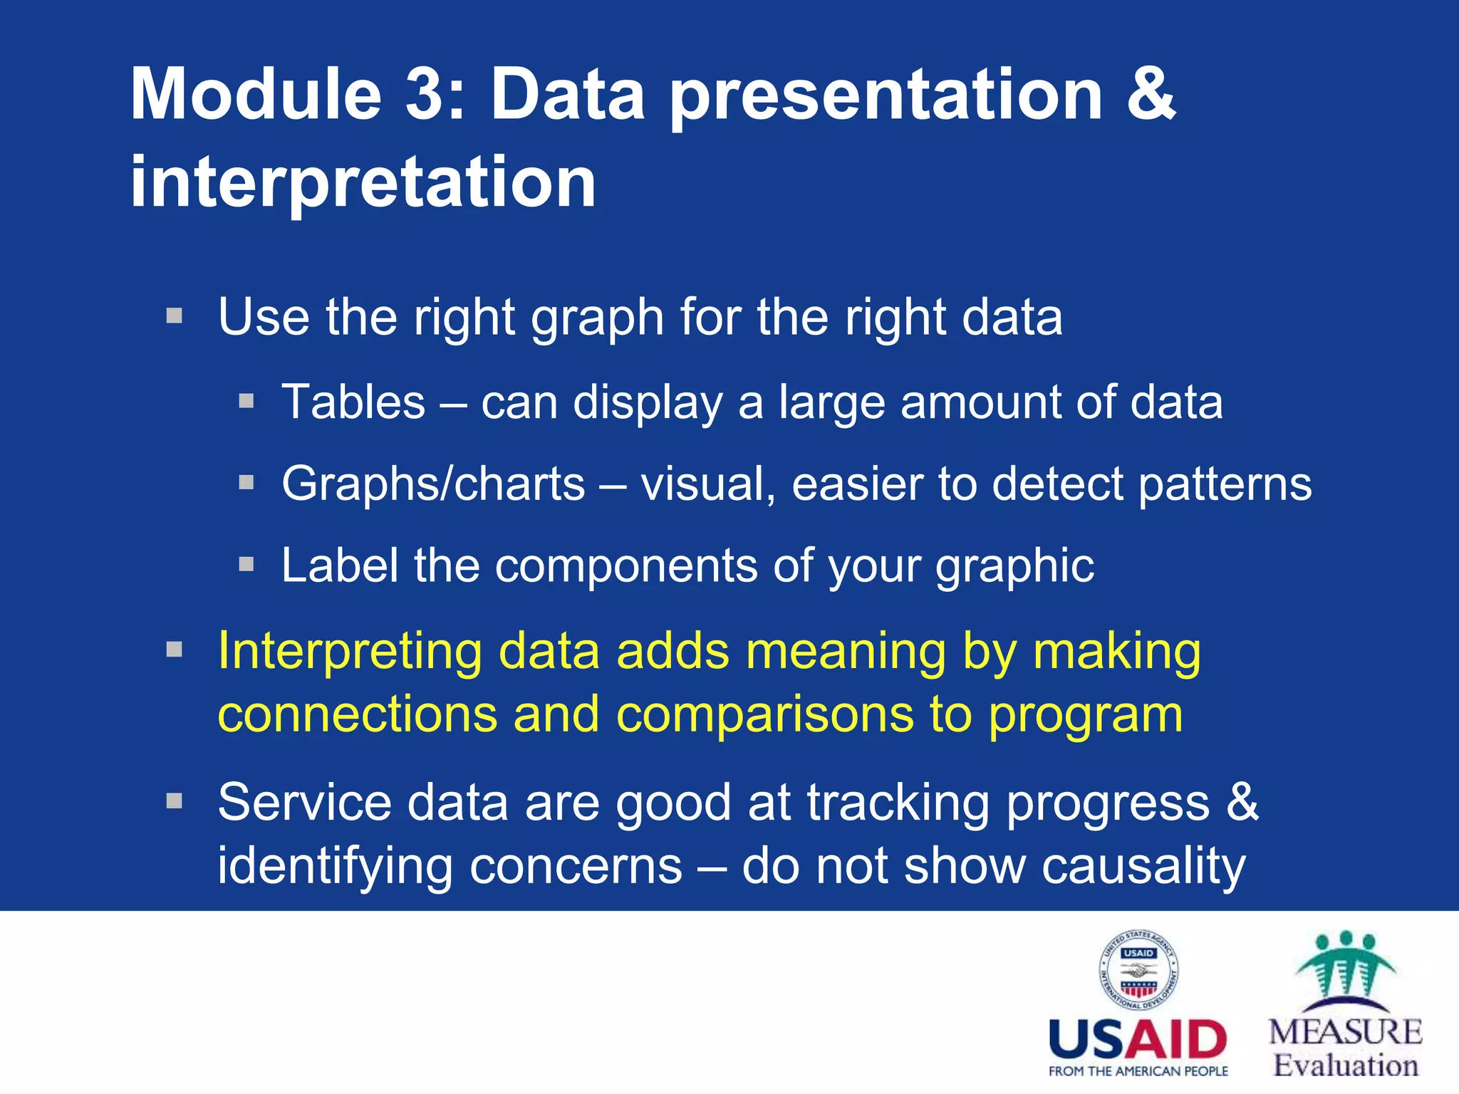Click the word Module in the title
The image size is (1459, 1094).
256,95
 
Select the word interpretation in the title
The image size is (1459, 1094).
363,184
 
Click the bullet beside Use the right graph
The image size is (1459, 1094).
175,315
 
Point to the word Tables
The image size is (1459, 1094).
354,402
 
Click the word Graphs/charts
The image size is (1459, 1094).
433,484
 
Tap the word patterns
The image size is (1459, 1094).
1225,484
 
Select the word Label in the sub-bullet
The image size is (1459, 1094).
339,566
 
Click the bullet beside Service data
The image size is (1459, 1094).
175,801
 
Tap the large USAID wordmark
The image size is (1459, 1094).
1138,1040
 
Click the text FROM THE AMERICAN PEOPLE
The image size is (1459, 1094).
1138,1071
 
